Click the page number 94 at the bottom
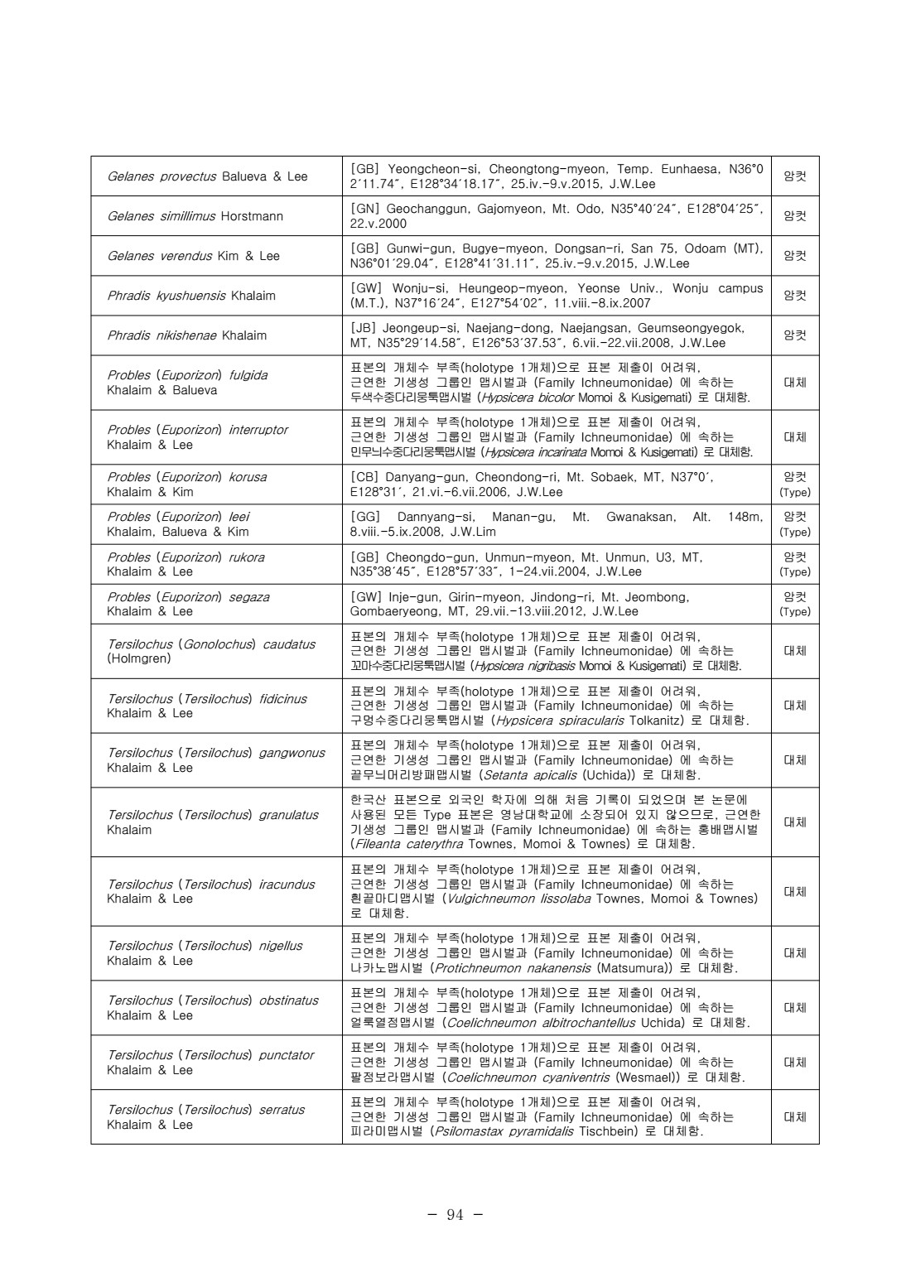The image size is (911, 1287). point(455,1215)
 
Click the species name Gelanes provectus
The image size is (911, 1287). point(161,176)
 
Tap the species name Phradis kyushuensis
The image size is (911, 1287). point(167,296)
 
